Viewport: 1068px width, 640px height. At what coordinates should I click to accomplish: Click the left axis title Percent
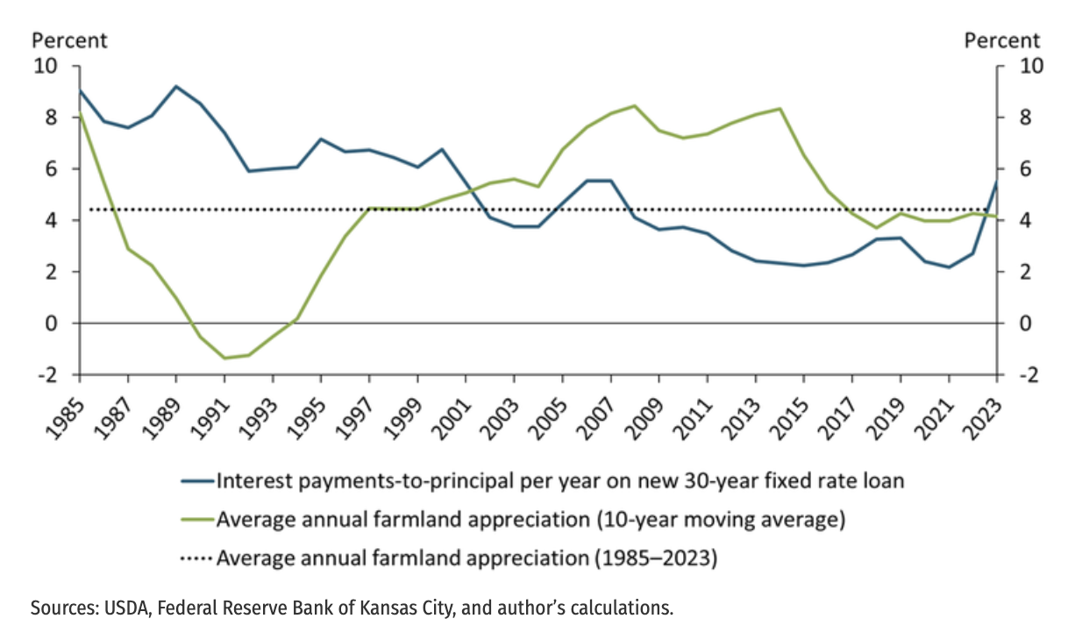tap(70, 40)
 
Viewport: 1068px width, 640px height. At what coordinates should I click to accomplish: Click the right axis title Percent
tap(1002, 40)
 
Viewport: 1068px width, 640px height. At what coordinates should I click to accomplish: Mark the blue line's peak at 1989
tap(176, 86)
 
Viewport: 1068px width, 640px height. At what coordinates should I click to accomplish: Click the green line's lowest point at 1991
tap(224, 358)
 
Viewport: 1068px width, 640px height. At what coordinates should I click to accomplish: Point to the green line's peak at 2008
tap(634, 106)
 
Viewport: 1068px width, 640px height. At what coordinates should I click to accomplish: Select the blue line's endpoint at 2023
tap(996, 181)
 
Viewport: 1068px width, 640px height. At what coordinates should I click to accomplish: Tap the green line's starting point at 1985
tap(80, 114)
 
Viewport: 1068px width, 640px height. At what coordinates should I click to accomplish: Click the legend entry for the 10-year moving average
tap(530, 520)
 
